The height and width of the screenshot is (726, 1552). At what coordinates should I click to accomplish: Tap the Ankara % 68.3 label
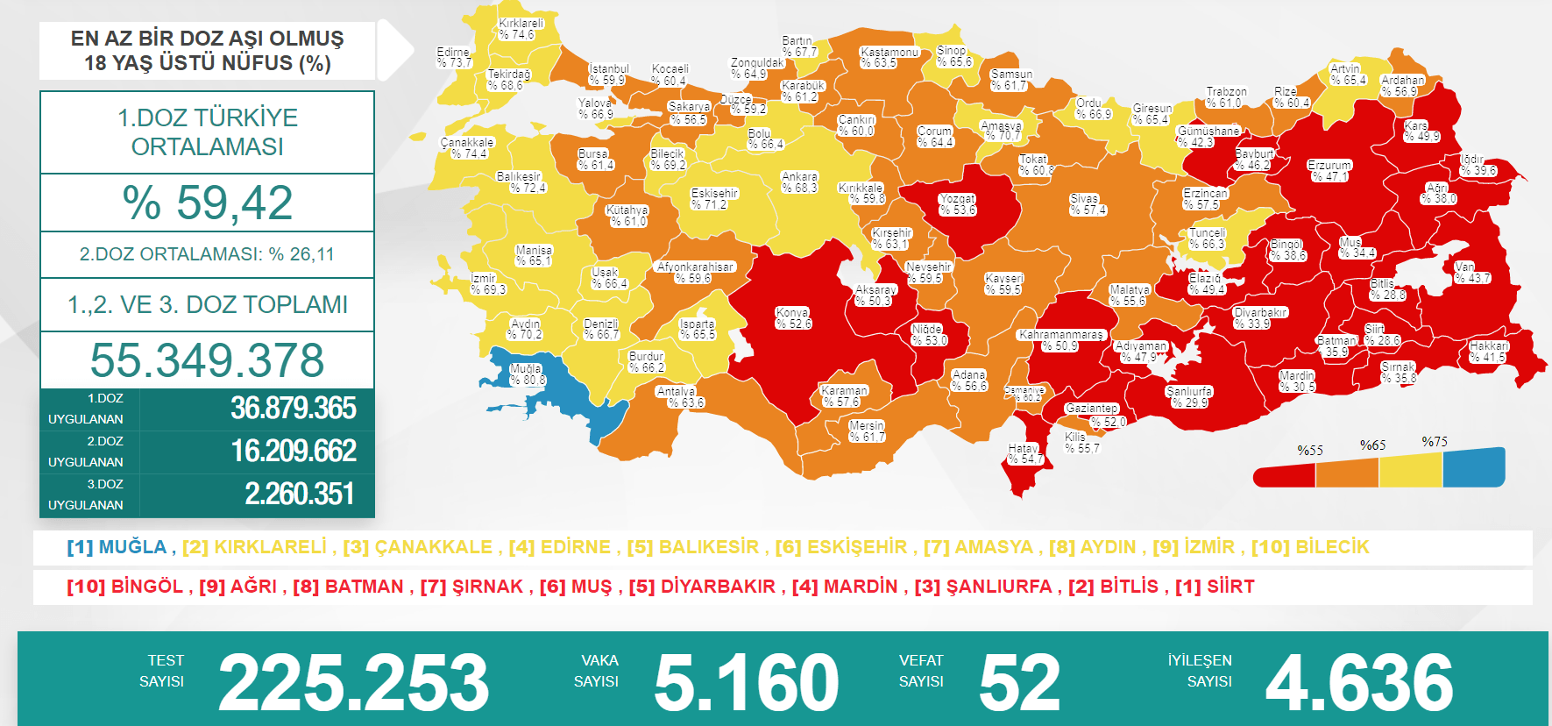click(x=799, y=182)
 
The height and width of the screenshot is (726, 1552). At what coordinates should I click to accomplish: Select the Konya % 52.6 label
click(x=793, y=318)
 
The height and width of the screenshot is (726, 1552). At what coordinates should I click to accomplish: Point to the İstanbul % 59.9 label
click(x=608, y=75)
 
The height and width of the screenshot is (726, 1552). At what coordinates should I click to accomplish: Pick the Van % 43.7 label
click(x=1472, y=273)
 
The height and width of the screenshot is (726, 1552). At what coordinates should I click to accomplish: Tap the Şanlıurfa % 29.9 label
click(x=1189, y=397)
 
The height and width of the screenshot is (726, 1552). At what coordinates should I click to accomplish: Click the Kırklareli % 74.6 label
click(x=521, y=29)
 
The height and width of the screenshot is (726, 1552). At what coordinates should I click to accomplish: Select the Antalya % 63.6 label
click(x=678, y=397)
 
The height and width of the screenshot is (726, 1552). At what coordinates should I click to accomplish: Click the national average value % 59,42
click(x=208, y=203)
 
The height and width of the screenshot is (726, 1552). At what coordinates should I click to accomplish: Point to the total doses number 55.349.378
click(x=208, y=360)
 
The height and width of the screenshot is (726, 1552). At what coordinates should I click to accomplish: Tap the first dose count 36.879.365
click(x=293, y=409)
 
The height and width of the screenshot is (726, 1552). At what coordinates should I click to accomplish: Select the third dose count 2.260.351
click(x=299, y=495)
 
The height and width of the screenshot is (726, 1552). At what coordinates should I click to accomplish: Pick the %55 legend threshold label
click(x=1310, y=451)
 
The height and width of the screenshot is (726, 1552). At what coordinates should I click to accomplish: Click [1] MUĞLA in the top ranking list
click(x=117, y=547)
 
